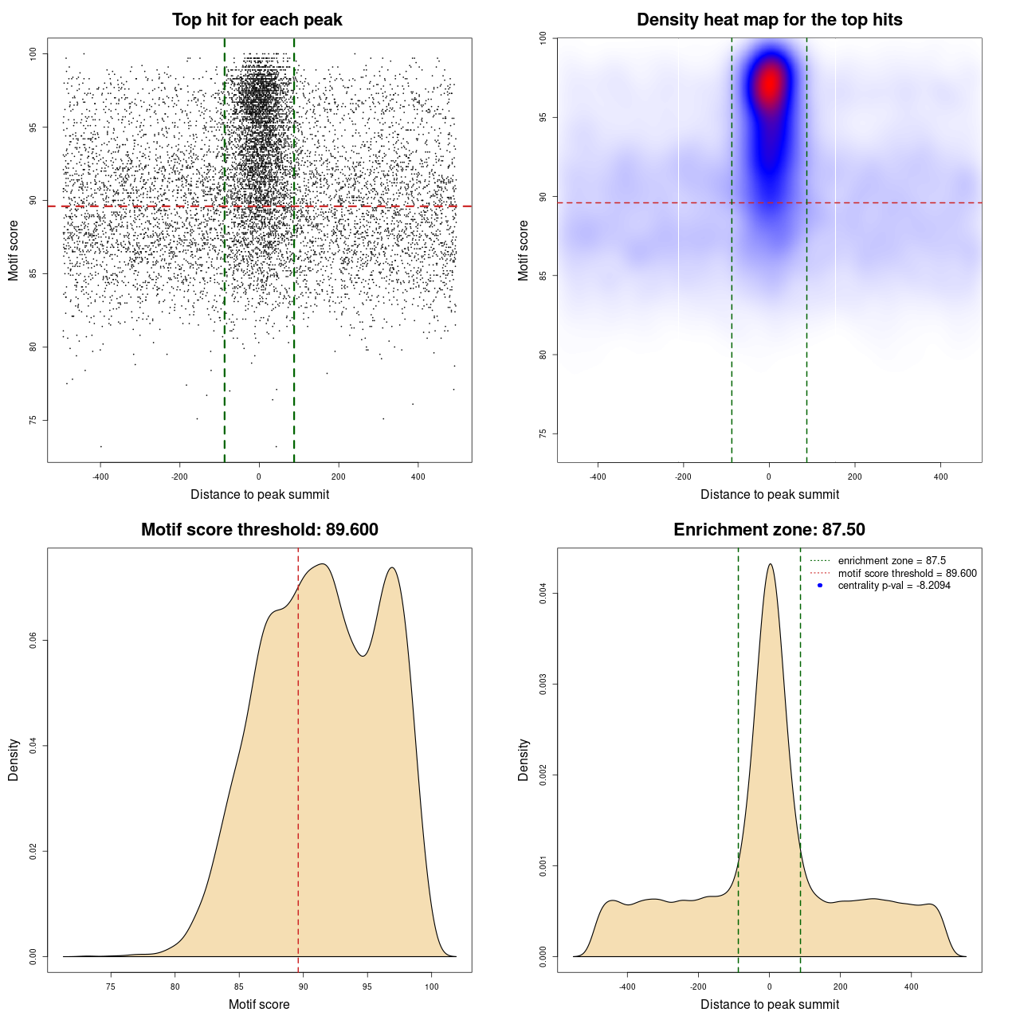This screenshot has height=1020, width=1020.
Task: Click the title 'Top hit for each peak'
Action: [x=257, y=20]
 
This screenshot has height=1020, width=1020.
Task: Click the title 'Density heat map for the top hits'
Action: [x=769, y=20]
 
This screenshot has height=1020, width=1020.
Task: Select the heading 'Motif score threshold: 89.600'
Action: [x=259, y=530]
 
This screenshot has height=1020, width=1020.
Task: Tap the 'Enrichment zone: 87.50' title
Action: [x=769, y=530]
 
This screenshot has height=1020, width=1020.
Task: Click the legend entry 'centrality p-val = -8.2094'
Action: [x=893, y=586]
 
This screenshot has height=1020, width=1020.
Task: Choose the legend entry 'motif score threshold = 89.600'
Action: [x=907, y=573]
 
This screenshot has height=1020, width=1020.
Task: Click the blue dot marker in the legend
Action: [x=820, y=586]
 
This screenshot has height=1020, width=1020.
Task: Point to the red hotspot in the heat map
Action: [x=770, y=84]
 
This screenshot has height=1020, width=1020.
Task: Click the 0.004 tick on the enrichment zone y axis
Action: [x=543, y=593]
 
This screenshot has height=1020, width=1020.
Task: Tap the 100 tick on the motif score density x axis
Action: [x=431, y=987]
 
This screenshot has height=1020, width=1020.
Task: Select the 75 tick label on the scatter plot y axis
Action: [x=33, y=420]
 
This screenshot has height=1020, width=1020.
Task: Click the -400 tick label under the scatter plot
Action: [x=100, y=477]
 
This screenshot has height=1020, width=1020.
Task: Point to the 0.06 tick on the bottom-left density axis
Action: [x=33, y=641]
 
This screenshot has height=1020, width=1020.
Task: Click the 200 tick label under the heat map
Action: [x=855, y=477]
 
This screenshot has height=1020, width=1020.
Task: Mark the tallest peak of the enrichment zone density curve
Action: [x=770, y=565]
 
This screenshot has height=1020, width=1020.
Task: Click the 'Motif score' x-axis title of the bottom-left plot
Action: [x=259, y=1004]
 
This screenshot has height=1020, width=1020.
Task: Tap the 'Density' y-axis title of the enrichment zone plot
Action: [x=524, y=759]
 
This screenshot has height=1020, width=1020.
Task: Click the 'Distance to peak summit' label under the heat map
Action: [x=769, y=494]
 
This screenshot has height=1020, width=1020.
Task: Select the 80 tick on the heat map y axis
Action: [x=543, y=355]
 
